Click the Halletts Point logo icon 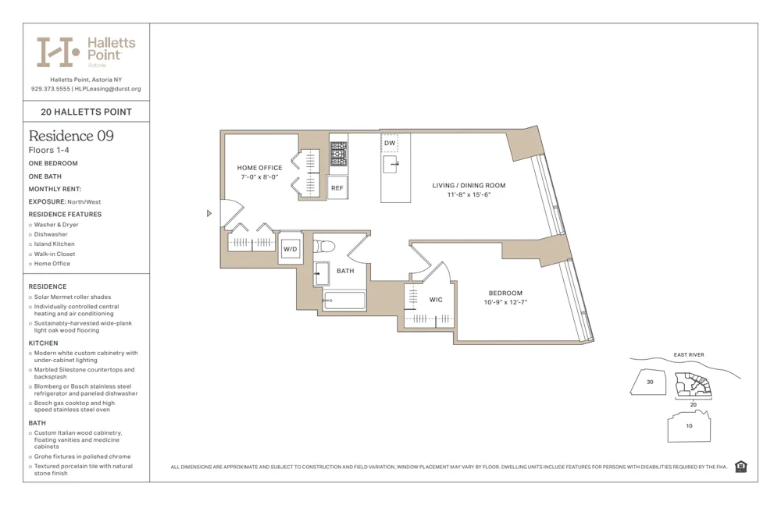[x=59, y=52]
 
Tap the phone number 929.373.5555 [x=51, y=89]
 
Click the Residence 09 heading [x=71, y=136]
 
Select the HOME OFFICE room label [x=259, y=168]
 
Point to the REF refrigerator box [x=337, y=188]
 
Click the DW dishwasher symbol [x=389, y=144]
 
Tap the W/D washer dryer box [x=290, y=249]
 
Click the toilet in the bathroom [x=325, y=247]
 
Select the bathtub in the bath [x=344, y=301]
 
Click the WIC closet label [x=435, y=300]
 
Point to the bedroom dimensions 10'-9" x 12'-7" [x=505, y=302]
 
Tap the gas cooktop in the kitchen [x=338, y=154]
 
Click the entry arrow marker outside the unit [x=209, y=213]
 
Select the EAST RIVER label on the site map [x=688, y=355]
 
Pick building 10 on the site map [x=688, y=426]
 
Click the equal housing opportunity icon [x=740, y=467]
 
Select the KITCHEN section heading [x=44, y=343]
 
